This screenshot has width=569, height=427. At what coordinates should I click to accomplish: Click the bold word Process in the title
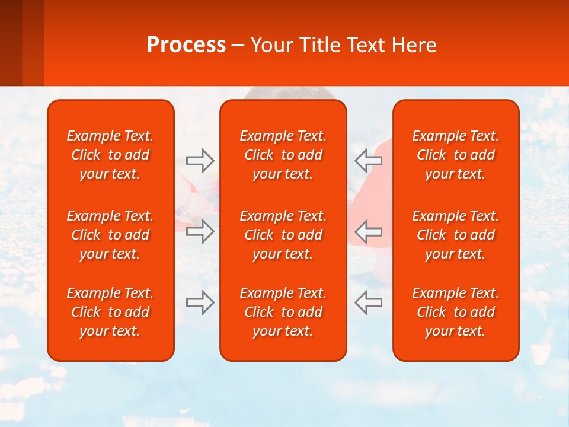pyautogui.click(x=186, y=45)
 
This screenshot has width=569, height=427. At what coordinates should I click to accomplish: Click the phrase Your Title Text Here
pyautogui.click(x=343, y=45)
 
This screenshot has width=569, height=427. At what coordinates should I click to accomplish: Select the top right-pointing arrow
pyautogui.click(x=200, y=161)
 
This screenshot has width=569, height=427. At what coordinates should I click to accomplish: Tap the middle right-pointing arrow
pyautogui.click(x=200, y=231)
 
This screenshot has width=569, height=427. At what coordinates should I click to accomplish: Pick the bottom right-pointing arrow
pyautogui.click(x=200, y=302)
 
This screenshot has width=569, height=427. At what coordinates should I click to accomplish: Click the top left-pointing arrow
pyautogui.click(x=369, y=161)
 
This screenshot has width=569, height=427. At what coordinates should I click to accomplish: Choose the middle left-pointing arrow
pyautogui.click(x=369, y=231)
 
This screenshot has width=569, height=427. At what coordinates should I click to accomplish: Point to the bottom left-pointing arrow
pyautogui.click(x=369, y=302)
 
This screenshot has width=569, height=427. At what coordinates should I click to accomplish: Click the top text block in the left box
pyautogui.click(x=110, y=155)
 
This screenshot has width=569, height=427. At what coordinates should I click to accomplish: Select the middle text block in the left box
pyautogui.click(x=110, y=235)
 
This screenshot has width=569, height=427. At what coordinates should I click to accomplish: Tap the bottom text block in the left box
pyautogui.click(x=110, y=312)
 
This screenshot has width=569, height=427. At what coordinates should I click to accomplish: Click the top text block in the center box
pyautogui.click(x=283, y=155)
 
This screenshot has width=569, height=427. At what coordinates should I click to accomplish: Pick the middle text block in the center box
pyautogui.click(x=283, y=235)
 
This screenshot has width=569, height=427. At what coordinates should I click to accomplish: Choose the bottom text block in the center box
pyautogui.click(x=283, y=312)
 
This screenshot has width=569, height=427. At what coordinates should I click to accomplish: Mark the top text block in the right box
pyautogui.click(x=456, y=155)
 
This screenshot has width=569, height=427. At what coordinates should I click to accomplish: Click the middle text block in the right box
pyautogui.click(x=456, y=235)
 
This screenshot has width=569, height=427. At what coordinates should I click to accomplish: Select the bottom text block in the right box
pyautogui.click(x=456, y=312)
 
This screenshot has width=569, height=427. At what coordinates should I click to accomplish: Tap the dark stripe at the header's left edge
pyautogui.click(x=11, y=43)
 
